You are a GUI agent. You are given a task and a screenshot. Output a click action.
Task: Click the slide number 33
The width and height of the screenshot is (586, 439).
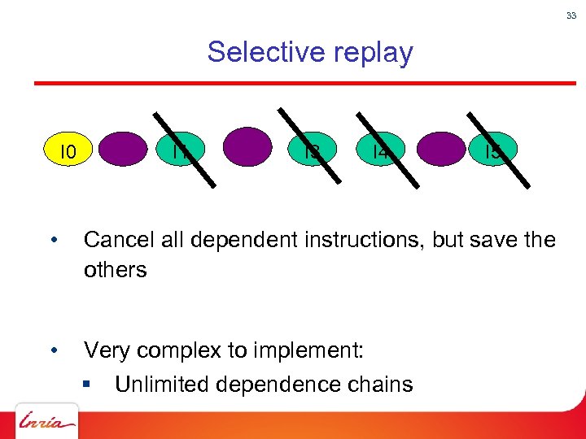click(571, 15)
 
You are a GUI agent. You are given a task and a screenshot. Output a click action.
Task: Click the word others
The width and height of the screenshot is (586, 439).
click(115, 270)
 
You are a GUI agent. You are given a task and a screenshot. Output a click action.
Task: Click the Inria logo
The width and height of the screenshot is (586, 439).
click(46, 422)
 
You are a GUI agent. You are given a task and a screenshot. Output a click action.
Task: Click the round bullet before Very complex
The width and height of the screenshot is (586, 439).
click(52, 351)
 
